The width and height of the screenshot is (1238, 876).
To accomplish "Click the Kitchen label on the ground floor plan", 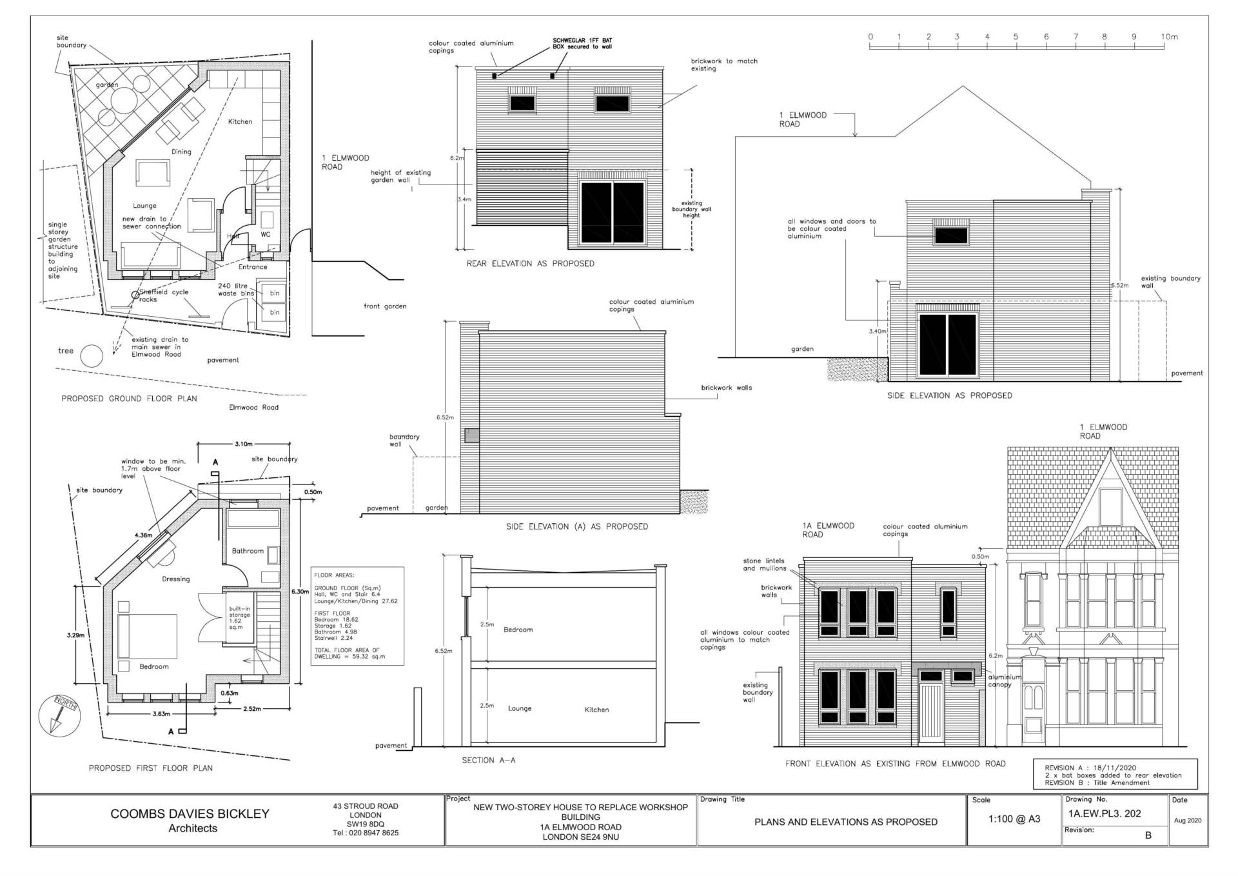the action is point(240,121).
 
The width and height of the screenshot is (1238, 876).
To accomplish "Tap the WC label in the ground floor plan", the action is point(266,234).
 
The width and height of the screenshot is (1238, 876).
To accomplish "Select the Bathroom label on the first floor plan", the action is point(248,551).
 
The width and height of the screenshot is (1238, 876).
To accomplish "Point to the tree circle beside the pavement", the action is point(92,355).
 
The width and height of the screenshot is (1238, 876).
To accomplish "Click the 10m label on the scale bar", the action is point(1170,37).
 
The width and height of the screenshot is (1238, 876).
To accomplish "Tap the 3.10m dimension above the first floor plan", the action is point(243,444).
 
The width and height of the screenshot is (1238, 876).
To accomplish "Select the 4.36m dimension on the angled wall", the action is point(143,535).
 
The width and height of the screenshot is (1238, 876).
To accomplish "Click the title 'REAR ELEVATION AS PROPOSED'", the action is point(530,263).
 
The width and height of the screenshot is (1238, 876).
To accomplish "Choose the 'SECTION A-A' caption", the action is point(488,760).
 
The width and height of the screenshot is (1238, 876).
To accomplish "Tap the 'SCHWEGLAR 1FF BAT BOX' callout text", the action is point(582,44).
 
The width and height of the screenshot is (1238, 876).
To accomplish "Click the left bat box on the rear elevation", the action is point(495,76).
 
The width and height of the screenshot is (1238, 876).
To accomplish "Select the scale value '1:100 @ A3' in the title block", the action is point(1014,819).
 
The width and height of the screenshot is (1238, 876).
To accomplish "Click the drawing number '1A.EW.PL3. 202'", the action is point(1105,813).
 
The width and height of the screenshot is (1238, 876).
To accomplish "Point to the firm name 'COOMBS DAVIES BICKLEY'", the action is point(190,813).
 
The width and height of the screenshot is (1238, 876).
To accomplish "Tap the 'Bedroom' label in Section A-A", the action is point(518,630).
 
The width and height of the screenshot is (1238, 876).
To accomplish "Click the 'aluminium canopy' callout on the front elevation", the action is point(1005,681).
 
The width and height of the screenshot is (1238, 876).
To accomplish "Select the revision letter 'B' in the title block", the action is point(1148,835).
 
